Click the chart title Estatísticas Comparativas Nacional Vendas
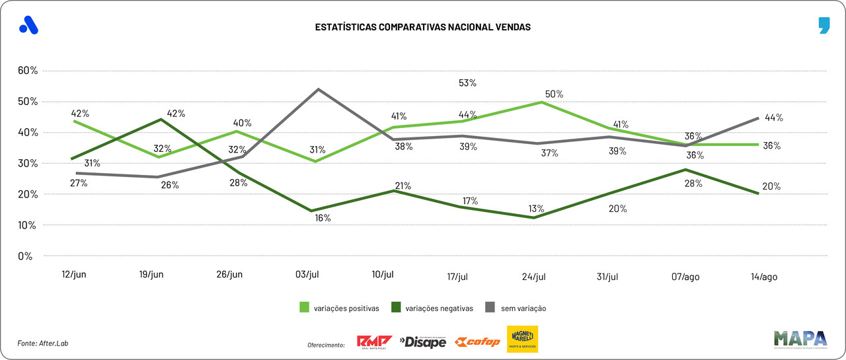pyautogui.click(x=422, y=28)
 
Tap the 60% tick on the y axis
pyautogui.click(x=29, y=71)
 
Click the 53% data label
pyautogui.click(x=468, y=83)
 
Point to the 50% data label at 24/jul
pyautogui.click(x=554, y=94)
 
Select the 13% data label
pyautogui.click(x=536, y=209)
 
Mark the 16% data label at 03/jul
pyautogui.click(x=323, y=218)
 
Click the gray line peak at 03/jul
pyautogui.click(x=319, y=89)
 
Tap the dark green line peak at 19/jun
pyautogui.click(x=162, y=120)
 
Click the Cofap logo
pyautogui.click(x=477, y=342)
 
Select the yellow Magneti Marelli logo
pyautogui.click(x=522, y=339)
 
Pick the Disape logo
pyautogui.click(x=422, y=342)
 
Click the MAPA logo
pyautogui.click(x=800, y=339)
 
